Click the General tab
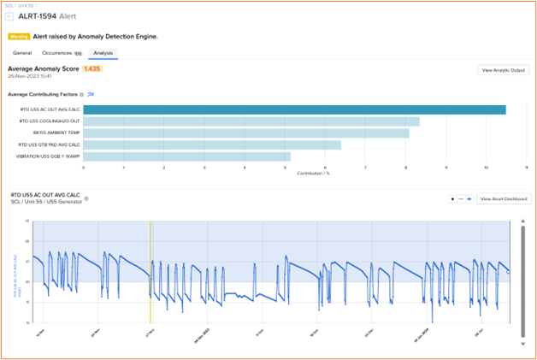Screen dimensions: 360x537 pos(22,53)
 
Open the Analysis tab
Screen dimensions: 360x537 pos(104,53)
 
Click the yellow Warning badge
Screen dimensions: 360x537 pos(18,37)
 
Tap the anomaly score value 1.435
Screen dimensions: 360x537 pos(91,68)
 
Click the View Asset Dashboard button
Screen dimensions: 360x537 pos(504,198)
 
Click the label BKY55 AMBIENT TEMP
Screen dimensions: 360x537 pos(56,133)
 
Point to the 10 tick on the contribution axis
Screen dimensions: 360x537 pos(486,168)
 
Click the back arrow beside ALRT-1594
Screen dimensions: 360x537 pos(9,16)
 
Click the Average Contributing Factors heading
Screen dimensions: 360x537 pos(42,94)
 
